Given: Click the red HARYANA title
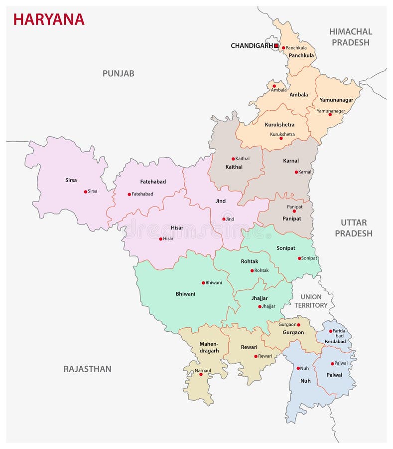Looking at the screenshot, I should pos(48,19).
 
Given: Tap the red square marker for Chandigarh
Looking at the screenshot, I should pos(276,45).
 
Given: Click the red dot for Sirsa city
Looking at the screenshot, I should pos(86,192).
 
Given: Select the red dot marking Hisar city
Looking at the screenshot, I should pos(160,239).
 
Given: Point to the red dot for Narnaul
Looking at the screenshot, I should pos(201,374).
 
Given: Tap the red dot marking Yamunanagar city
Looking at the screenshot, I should pos(330,114).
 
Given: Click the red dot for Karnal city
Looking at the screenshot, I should pos(296,172).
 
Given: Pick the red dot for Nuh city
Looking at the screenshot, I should pos(298,369).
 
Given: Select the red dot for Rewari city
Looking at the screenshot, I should pos(256,356).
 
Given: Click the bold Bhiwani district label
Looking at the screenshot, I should pos(185,294).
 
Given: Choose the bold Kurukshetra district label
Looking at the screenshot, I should pos(279,124).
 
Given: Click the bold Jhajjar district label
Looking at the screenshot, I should pos(260,298).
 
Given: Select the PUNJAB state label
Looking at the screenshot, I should pos(118,73).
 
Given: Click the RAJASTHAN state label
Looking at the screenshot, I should pos(87,369).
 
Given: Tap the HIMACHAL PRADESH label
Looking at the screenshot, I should pos(351,37).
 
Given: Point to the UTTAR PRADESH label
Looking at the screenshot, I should pos(354,228).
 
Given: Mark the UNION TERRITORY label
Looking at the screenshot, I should pos(311,301).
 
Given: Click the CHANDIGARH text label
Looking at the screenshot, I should pos(252,46).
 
